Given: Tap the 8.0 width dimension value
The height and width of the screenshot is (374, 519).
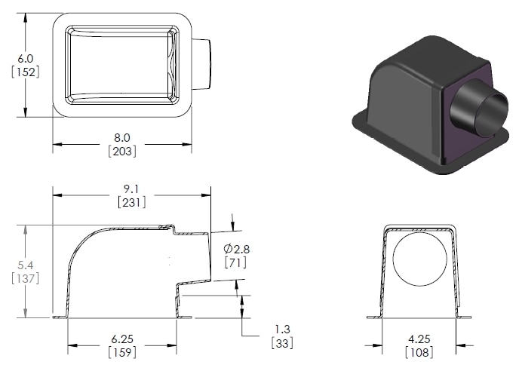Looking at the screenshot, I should pos(121,137).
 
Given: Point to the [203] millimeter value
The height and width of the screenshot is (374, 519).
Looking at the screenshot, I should pos(121,151).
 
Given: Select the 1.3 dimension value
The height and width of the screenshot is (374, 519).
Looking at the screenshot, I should pos(281,329).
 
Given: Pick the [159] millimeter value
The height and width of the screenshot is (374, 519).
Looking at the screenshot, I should pos(121,353).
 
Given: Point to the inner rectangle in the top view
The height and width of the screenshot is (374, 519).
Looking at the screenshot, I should pos(121,64).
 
